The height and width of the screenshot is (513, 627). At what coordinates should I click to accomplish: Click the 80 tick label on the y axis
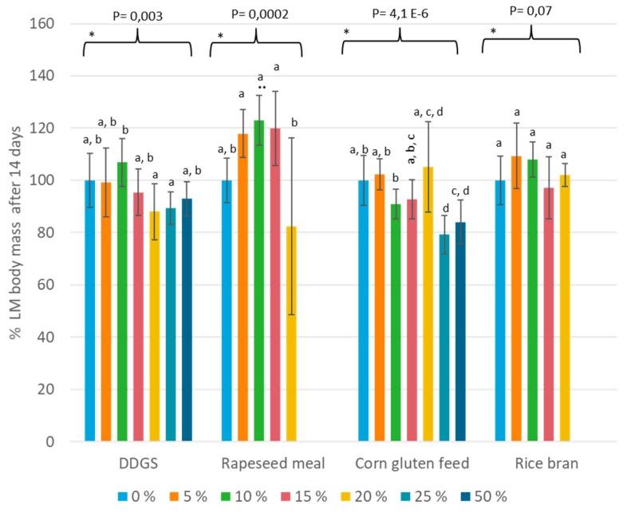pos(45,233)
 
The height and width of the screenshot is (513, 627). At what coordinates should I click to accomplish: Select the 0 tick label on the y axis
pos(49,442)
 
